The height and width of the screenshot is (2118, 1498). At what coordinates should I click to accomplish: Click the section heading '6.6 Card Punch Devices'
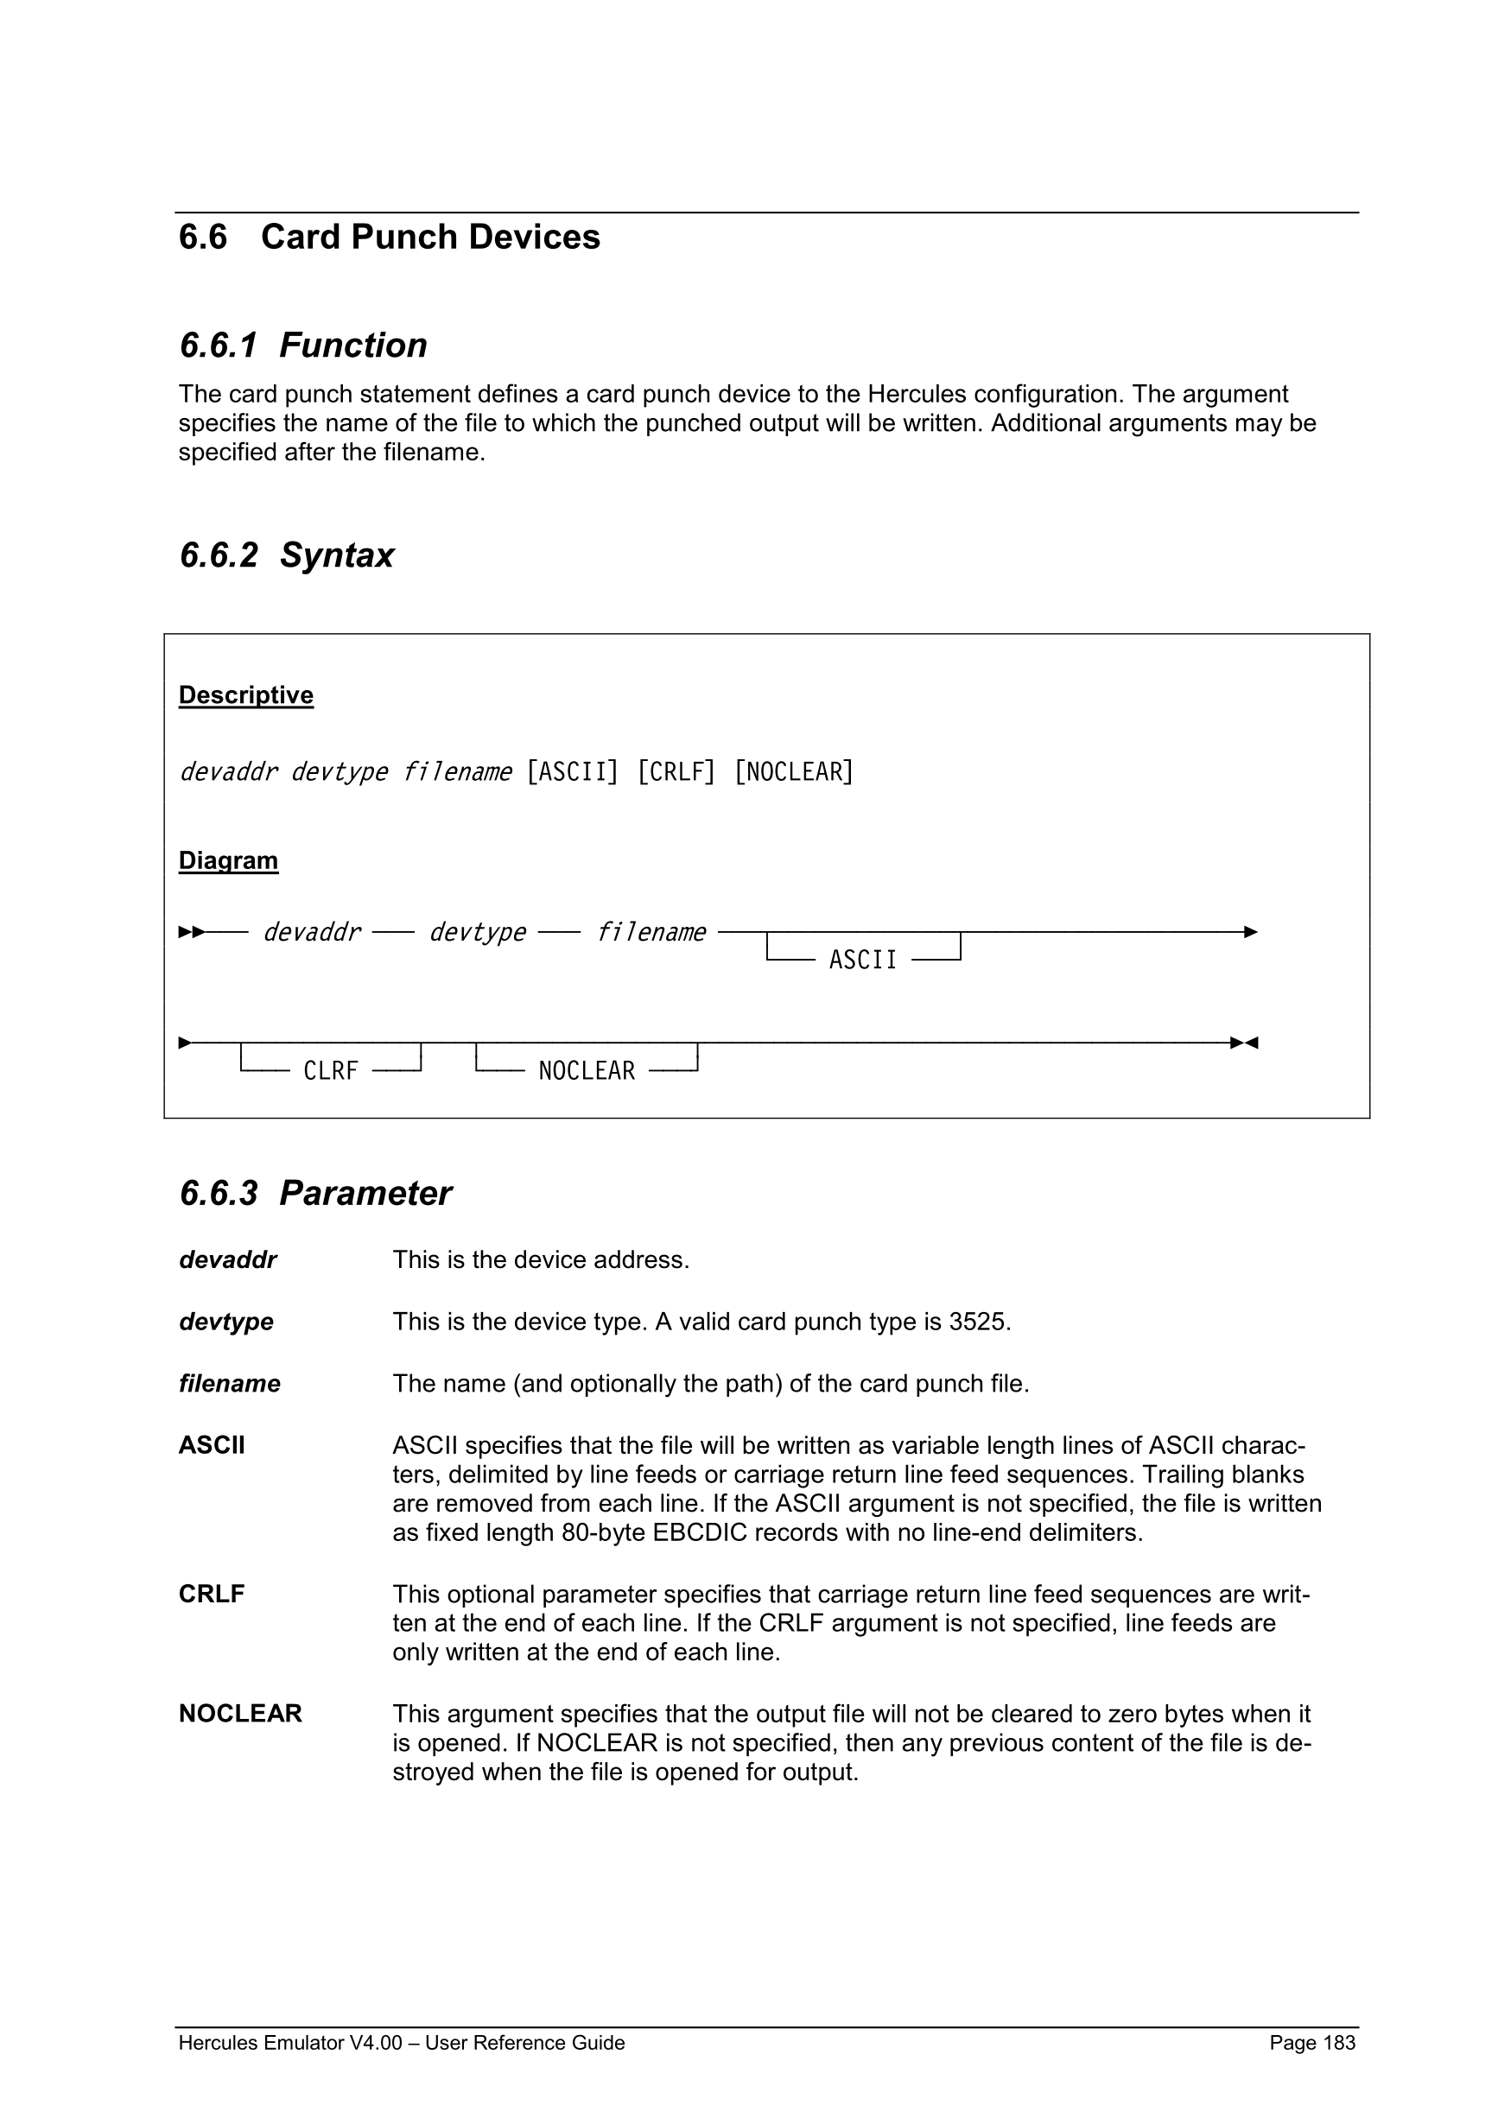[x=390, y=237]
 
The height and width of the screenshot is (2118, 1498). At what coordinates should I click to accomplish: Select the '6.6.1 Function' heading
[x=302, y=345]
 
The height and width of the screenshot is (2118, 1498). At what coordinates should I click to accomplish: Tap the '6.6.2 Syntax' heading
[x=286, y=555]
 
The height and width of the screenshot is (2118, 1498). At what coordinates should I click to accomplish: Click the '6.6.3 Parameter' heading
[x=314, y=1193]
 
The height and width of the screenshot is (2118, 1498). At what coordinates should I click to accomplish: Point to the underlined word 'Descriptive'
[x=245, y=694]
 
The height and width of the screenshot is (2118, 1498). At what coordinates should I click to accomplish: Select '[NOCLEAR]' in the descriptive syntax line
[x=793, y=771]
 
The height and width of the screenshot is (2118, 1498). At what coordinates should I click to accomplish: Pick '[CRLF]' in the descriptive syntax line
[x=676, y=771]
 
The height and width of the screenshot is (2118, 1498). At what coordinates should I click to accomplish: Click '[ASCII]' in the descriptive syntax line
[x=572, y=771]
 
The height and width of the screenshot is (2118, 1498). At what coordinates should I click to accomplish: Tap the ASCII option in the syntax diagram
[x=862, y=961]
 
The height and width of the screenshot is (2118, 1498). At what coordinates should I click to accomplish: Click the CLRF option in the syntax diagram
[x=330, y=1071]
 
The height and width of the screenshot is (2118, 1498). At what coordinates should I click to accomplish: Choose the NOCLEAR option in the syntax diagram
[x=587, y=1071]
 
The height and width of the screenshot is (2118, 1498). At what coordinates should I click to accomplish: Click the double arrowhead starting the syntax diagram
[x=192, y=933]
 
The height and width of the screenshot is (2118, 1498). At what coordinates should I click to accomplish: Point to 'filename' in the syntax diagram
[x=651, y=933]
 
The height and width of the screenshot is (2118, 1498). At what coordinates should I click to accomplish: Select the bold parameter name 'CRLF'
[x=212, y=1594]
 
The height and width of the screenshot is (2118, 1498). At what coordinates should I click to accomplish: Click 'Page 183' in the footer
[x=1311, y=2042]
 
